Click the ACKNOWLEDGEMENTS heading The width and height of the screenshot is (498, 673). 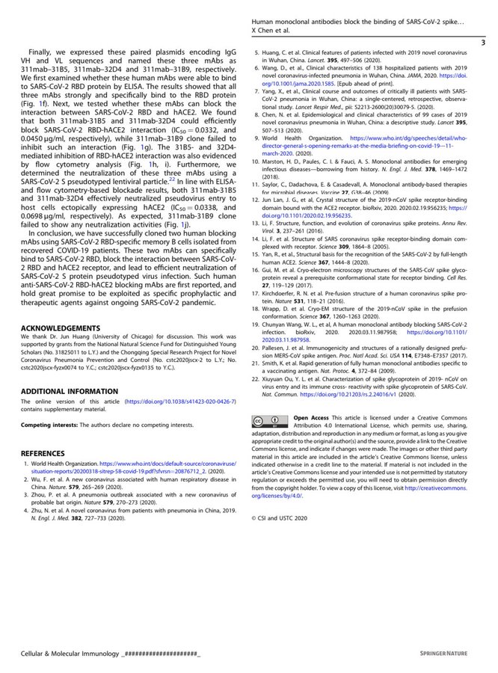[x=60, y=328]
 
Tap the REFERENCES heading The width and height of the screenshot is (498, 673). [x=43, y=453]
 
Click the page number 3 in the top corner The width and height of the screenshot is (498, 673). [x=482, y=44]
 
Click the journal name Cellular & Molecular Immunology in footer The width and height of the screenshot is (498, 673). [x=68, y=655]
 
